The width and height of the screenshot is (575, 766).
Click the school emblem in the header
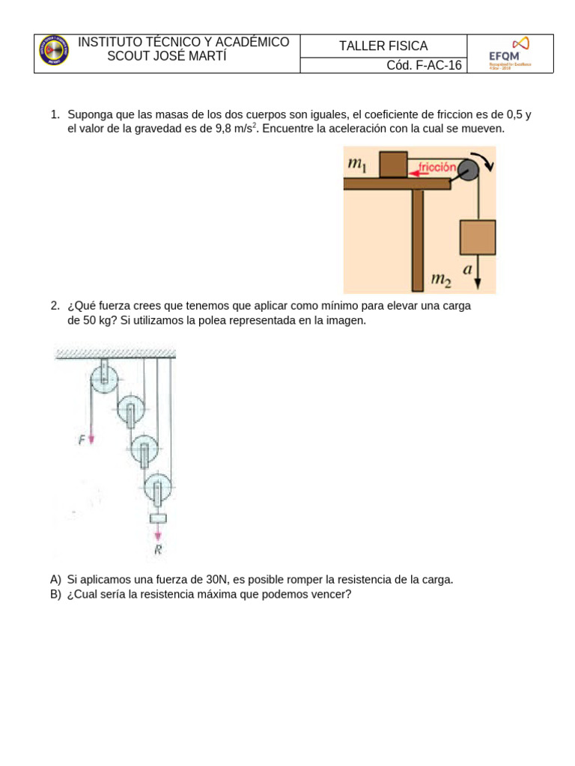pyautogui.click(x=54, y=50)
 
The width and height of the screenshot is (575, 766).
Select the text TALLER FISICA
pyautogui.click(x=383, y=46)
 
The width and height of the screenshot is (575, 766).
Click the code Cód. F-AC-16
pyautogui.click(x=424, y=65)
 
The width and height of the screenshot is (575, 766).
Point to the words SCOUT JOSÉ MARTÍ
pyautogui.click(x=167, y=58)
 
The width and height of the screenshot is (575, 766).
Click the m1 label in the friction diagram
pyautogui.click(x=356, y=164)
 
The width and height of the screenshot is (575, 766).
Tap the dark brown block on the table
pyautogui.click(x=393, y=165)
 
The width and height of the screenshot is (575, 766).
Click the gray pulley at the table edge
pyautogui.click(x=468, y=171)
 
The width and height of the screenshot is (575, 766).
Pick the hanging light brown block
pyautogui.click(x=477, y=237)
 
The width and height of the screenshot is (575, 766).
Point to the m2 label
pyautogui.click(x=442, y=281)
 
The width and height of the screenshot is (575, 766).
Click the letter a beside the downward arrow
pyautogui.click(x=467, y=272)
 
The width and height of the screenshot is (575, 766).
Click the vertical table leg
pyautogui.click(x=418, y=239)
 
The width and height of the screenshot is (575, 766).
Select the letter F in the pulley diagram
pyautogui.click(x=82, y=441)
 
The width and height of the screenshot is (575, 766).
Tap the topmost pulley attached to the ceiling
pyautogui.click(x=103, y=378)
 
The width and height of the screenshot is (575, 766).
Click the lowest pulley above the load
pyautogui.click(x=157, y=490)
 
